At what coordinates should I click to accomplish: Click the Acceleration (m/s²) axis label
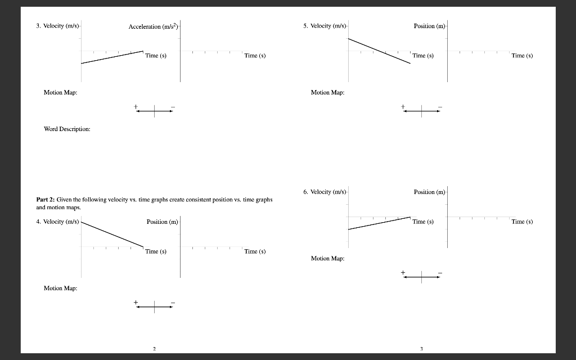click(153, 27)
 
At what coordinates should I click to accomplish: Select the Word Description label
click(67, 129)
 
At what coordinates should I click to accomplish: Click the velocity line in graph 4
click(112, 234)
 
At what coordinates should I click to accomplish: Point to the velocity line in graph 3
click(112, 57)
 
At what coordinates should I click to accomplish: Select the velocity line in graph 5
click(379, 51)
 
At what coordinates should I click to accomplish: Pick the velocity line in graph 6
click(379, 223)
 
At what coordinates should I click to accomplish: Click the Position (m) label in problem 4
click(162, 222)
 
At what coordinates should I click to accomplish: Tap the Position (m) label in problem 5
click(429, 26)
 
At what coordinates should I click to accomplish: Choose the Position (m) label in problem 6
click(429, 192)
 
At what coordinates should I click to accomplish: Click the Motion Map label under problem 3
click(60, 92)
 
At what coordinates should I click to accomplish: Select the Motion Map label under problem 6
click(327, 258)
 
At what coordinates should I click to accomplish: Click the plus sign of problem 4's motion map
click(136, 302)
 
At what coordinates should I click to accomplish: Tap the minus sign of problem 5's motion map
click(440, 106)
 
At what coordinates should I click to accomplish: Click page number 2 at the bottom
click(154, 349)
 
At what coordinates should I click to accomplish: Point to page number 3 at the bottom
click(421, 349)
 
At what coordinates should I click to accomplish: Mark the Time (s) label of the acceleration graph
click(255, 56)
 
